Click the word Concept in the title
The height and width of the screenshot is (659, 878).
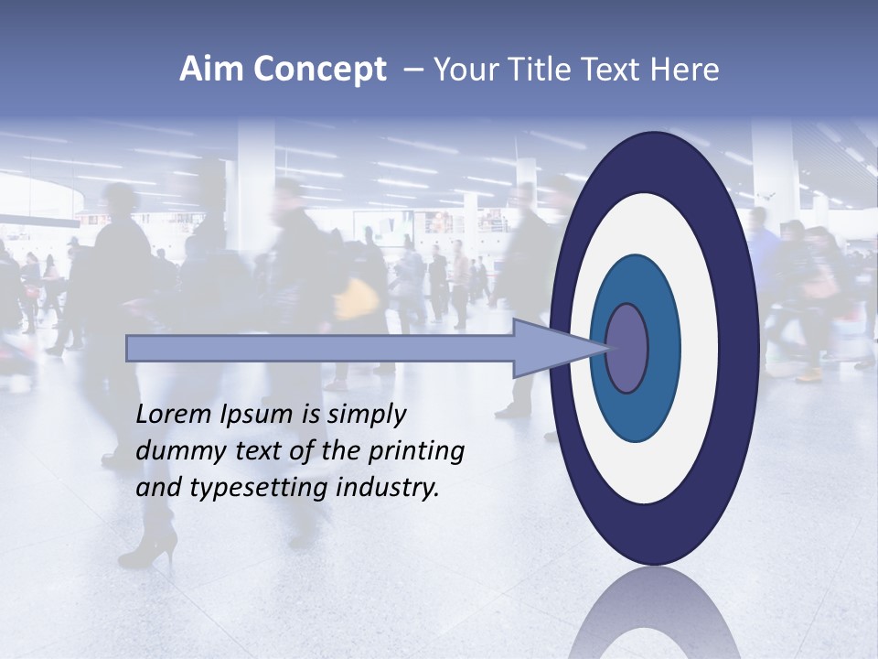pos(320,70)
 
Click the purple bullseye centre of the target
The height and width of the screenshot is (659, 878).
pos(626,348)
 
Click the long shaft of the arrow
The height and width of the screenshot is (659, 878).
pos(320,348)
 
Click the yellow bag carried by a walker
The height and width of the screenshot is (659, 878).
pos(358,298)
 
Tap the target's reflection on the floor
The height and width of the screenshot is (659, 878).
pos(653,613)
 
